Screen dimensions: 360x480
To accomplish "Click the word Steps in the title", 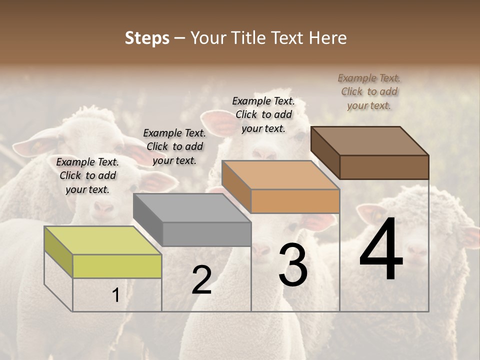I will click(147, 38).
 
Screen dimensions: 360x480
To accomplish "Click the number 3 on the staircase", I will click(292, 265).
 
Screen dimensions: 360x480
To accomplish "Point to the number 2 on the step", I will click(201, 280).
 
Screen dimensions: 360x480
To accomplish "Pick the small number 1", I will click(116, 295).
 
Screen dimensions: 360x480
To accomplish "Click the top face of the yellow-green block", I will click(102, 240).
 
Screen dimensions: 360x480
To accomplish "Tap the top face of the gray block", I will click(192, 207).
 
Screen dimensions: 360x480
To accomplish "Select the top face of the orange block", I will click(280, 175).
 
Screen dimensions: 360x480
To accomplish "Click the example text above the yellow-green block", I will click(87, 175).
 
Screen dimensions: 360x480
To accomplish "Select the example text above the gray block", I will click(174, 146).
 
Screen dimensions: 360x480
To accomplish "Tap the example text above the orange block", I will click(263, 114).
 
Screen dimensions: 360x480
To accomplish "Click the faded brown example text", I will click(369, 91).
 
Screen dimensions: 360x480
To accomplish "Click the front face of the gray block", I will click(206, 234).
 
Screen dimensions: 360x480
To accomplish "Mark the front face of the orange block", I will click(295, 201).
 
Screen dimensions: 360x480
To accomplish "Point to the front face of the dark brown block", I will click(384, 167).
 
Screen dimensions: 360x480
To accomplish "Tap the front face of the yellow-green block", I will click(117, 266).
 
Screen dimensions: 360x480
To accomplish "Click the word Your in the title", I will click(208, 38).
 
